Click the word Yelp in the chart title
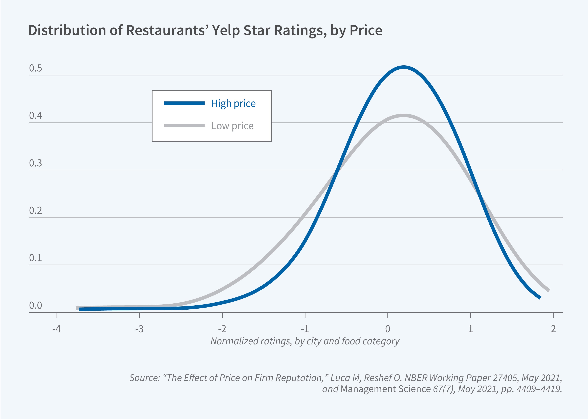[x=226, y=30]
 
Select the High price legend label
[x=233, y=104]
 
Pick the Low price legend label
[x=232, y=126]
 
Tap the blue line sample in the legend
[x=184, y=103]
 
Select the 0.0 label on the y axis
[x=35, y=306]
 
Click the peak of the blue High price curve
[x=403, y=68]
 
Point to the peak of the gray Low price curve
[x=403, y=116]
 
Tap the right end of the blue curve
[x=539, y=297]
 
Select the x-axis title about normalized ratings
[x=305, y=341]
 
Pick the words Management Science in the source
[x=386, y=389]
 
